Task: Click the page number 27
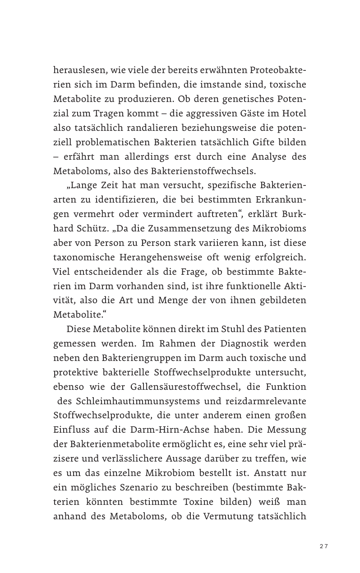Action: (323, 546)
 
